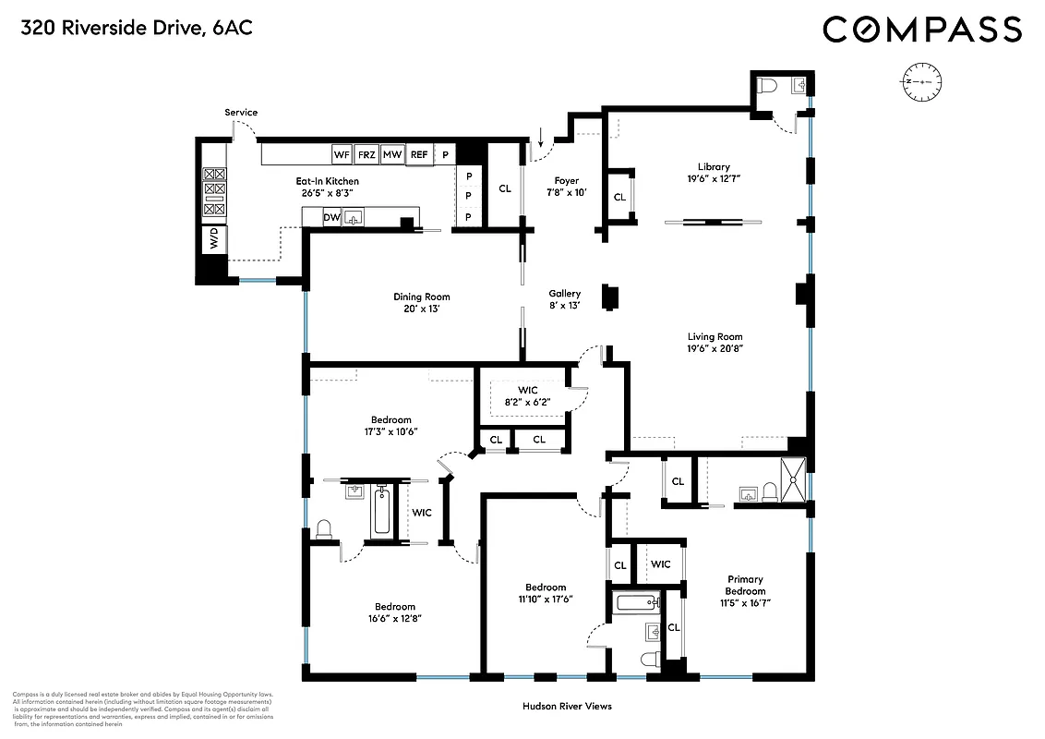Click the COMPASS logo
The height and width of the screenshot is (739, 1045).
(922, 30)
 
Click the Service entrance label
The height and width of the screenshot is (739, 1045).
(241, 113)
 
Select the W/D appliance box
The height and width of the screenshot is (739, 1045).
(214, 238)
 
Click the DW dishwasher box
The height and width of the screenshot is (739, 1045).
(330, 217)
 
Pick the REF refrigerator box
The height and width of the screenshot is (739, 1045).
(419, 154)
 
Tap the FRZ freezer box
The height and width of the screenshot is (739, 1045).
(366, 154)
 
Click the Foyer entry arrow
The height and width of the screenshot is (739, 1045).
(541, 137)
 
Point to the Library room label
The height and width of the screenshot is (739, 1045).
(714, 167)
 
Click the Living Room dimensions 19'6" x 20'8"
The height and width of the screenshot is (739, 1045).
(715, 349)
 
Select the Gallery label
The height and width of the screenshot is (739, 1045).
(564, 293)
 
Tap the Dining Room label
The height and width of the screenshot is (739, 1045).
(422, 297)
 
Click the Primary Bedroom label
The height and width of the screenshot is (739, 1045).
(744, 586)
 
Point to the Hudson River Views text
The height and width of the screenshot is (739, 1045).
(567, 706)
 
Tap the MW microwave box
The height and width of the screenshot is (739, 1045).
(392, 154)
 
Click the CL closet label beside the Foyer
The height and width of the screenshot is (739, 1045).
(505, 188)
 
